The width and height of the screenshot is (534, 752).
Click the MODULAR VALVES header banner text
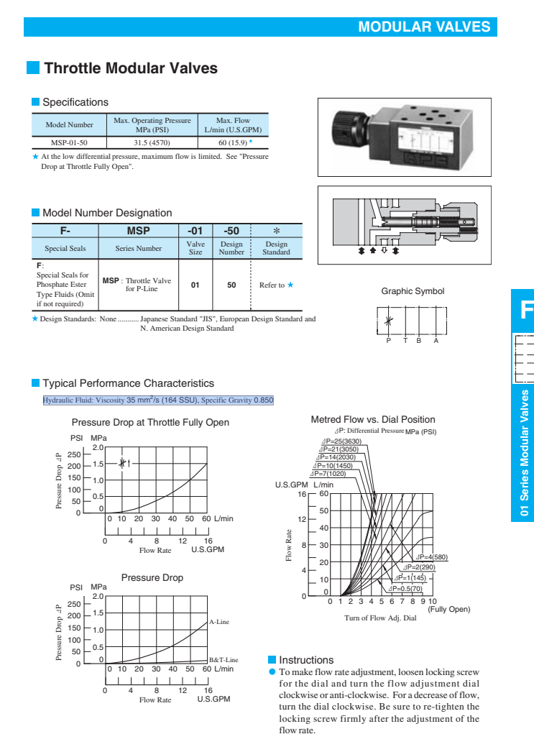point(424,27)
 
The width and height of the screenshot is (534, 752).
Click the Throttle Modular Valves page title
point(130,68)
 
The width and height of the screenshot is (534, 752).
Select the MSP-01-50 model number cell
point(69,142)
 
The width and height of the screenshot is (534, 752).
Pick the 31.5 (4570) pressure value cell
point(152,142)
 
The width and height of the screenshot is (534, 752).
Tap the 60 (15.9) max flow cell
point(233,142)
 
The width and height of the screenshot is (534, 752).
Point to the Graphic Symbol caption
point(413,291)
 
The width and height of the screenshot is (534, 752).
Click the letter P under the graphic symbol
point(388,341)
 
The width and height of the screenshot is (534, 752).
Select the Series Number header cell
point(139,249)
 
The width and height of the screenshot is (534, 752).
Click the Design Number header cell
point(231,249)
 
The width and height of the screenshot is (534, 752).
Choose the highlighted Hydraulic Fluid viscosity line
point(158,400)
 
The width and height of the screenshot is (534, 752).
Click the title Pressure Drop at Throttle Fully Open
point(150,422)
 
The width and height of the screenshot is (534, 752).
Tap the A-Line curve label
point(218,621)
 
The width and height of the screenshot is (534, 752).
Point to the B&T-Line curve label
point(223,659)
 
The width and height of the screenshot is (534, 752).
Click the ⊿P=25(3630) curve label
point(341,441)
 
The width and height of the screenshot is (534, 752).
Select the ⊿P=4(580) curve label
point(431,557)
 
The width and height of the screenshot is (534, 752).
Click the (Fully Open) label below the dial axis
point(448,610)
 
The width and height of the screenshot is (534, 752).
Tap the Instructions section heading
point(306,659)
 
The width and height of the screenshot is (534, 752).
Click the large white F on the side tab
point(525,311)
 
